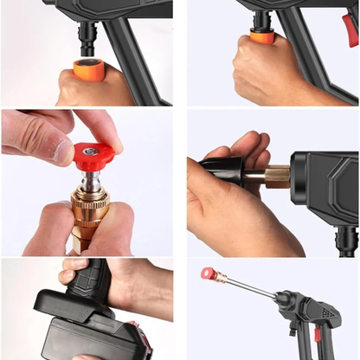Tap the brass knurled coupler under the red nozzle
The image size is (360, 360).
89,208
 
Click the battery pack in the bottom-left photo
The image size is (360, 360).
82,333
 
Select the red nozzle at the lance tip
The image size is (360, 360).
209,273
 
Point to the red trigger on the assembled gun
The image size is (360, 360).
318,332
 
